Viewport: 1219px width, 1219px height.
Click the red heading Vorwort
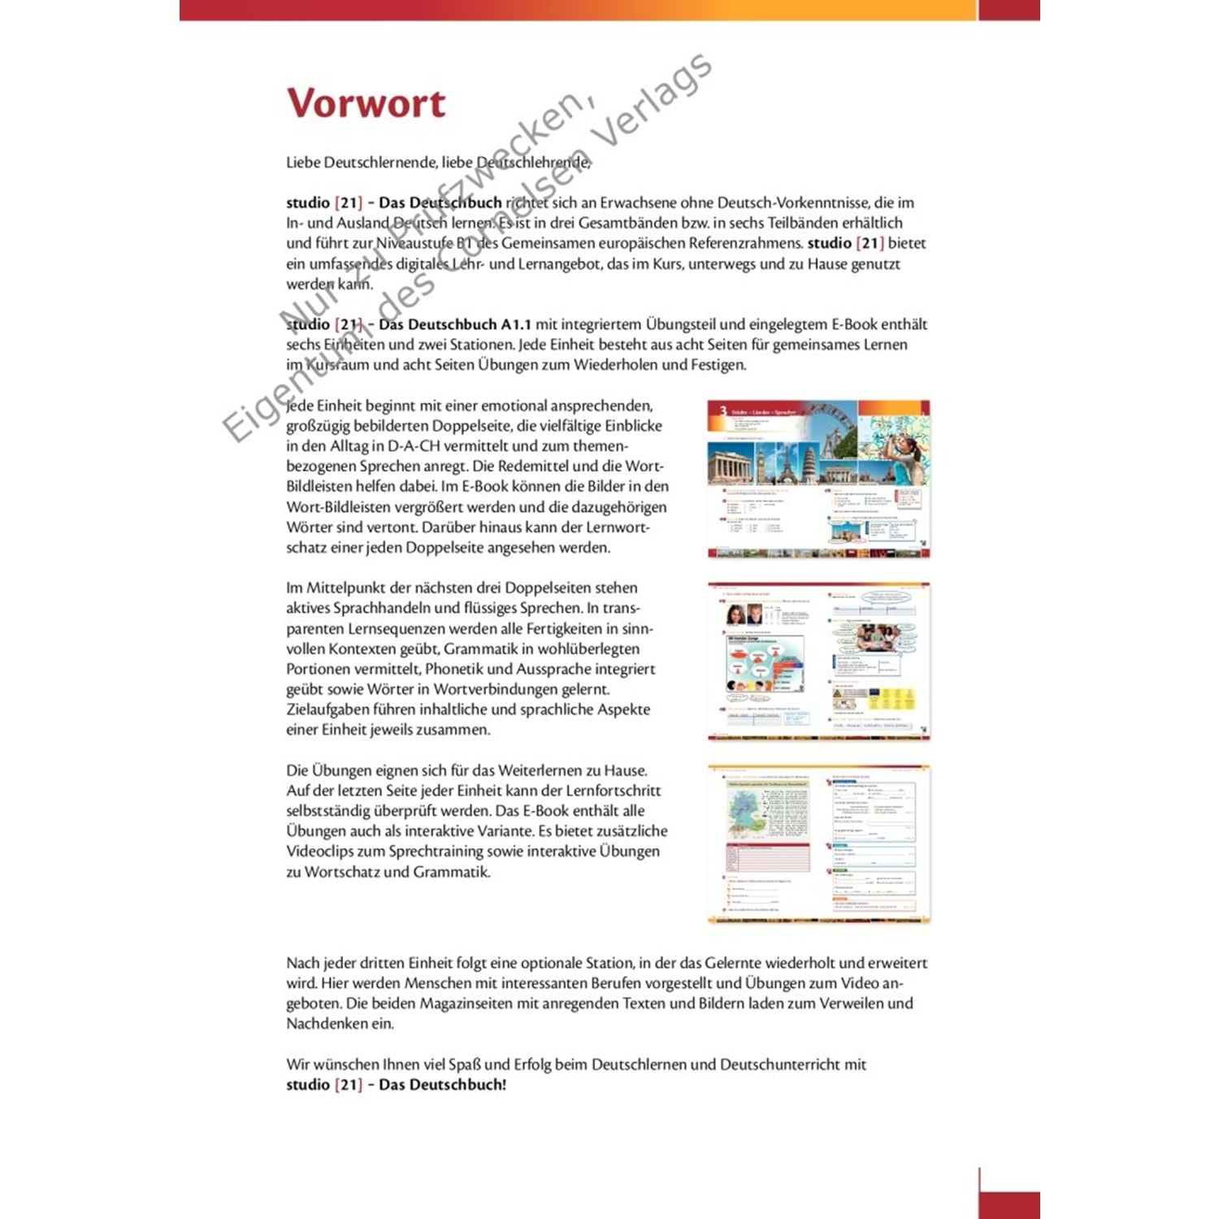tap(366, 103)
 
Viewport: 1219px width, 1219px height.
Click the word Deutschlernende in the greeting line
tap(381, 163)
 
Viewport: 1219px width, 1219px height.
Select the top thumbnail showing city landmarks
tap(818, 479)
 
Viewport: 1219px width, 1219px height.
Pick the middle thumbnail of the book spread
tap(818, 661)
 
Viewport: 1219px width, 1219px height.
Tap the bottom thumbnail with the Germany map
tap(818, 844)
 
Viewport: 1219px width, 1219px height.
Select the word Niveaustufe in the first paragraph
tap(414, 243)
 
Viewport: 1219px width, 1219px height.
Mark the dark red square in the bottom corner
tap(1009, 1204)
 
